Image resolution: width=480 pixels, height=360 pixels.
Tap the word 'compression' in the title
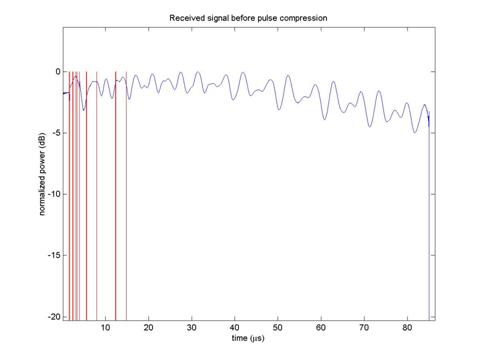(303, 18)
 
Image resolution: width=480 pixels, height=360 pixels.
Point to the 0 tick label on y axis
(58, 72)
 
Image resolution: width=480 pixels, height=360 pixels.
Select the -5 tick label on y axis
(56, 133)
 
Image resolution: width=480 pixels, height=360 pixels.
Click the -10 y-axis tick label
(54, 194)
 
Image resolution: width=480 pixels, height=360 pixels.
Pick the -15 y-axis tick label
(54, 255)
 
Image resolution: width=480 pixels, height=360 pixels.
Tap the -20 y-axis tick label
(54, 317)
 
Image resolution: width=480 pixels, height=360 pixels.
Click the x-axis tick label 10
(105, 328)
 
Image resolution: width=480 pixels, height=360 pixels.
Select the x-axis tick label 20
(148, 328)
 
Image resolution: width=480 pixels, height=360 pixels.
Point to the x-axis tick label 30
(191, 328)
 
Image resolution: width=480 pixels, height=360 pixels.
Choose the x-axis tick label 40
(235, 328)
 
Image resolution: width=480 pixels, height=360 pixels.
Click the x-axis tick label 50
(278, 328)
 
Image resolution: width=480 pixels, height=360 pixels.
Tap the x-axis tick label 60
(321, 328)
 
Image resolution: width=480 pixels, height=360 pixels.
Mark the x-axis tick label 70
(364, 328)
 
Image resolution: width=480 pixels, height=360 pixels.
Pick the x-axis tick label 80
(407, 328)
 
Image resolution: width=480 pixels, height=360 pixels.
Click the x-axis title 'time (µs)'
(248, 338)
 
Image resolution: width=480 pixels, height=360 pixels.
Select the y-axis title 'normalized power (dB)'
(42, 174)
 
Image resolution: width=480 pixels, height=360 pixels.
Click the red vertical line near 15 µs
(126, 196)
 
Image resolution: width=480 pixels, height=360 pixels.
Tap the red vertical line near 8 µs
(97, 196)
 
